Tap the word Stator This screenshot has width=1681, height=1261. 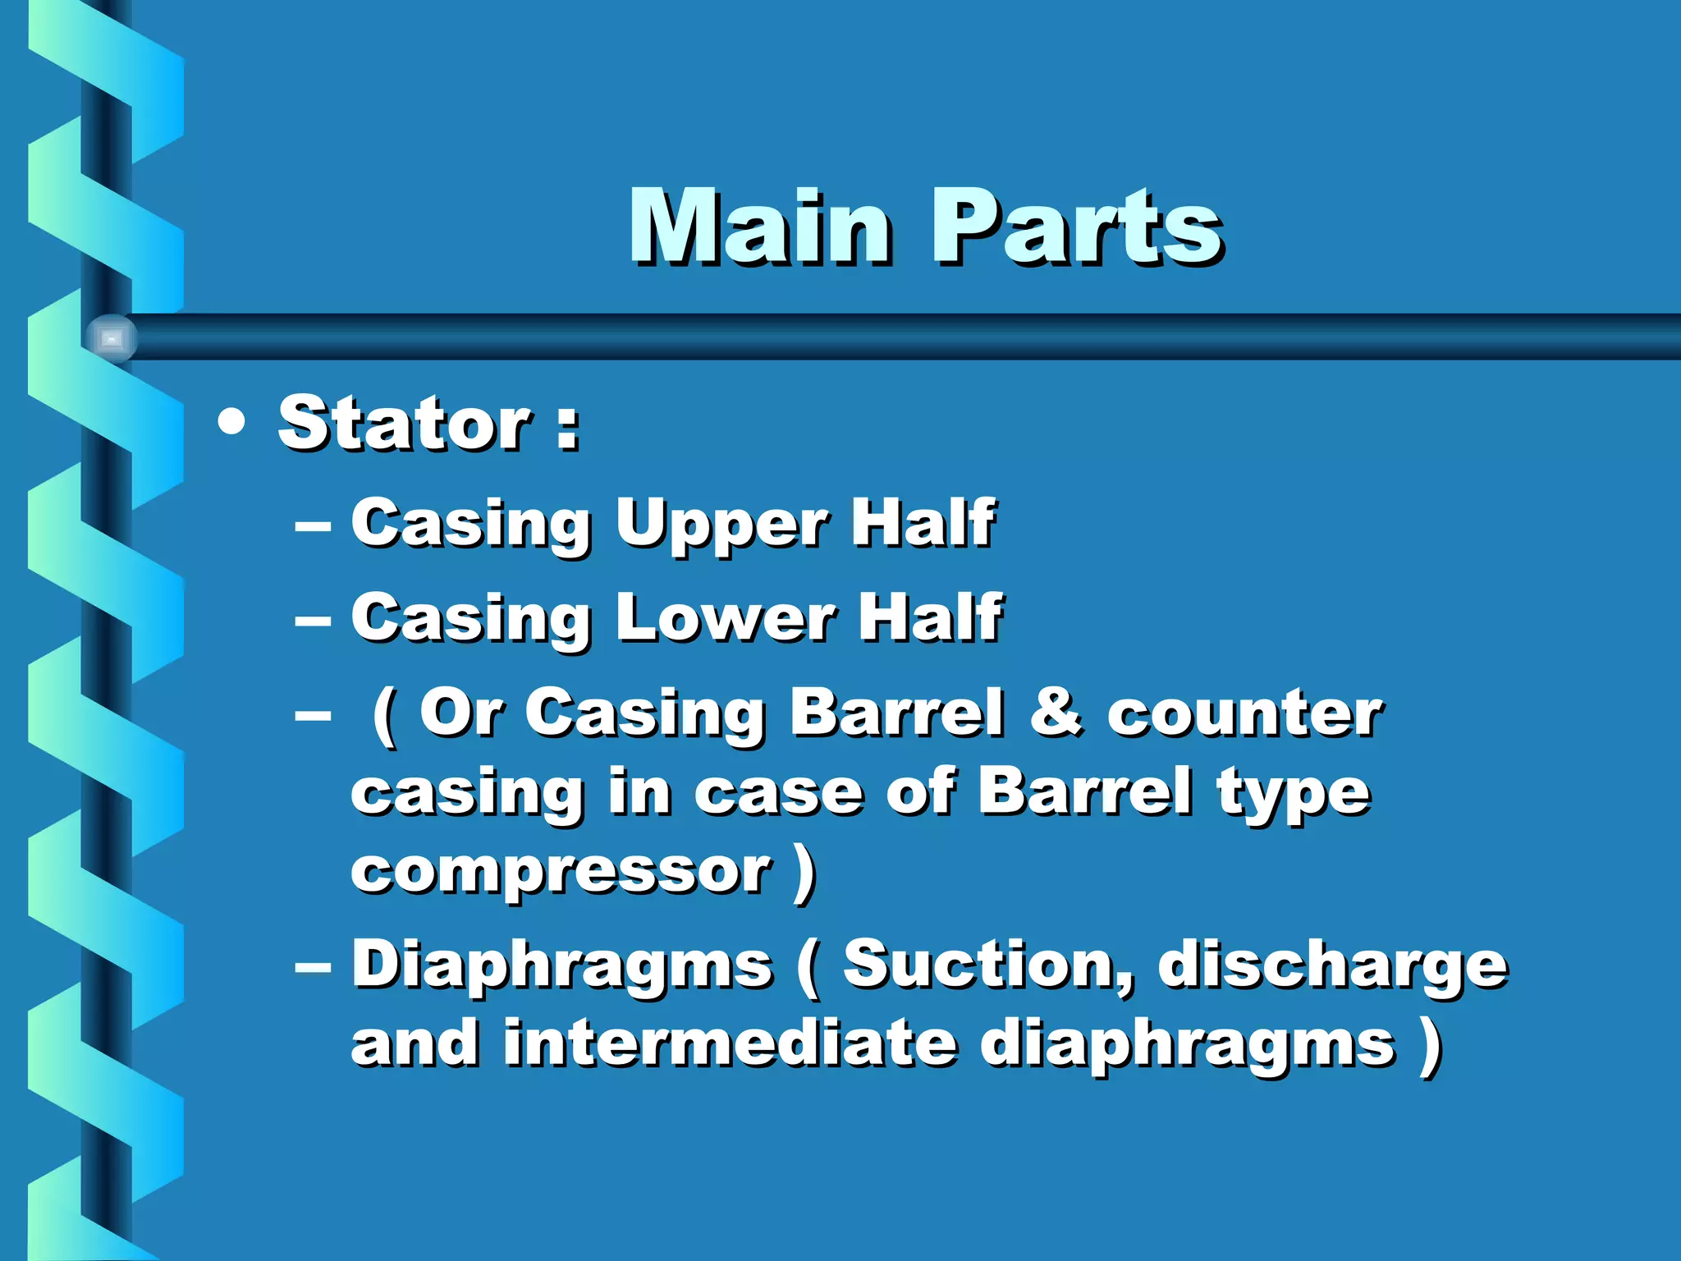click(x=405, y=424)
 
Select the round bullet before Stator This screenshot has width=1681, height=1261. click(x=232, y=422)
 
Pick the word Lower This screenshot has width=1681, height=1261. click(x=726, y=617)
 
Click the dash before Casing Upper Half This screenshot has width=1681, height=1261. click(x=313, y=525)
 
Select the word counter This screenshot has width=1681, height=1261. click(x=1244, y=713)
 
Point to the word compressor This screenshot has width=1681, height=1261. click(x=561, y=872)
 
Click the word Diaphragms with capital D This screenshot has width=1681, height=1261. click(x=561, y=965)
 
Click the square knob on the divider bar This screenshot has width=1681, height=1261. click(x=112, y=338)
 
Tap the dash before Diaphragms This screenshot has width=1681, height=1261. click(x=313, y=967)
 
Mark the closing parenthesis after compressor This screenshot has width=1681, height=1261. click(x=805, y=872)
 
